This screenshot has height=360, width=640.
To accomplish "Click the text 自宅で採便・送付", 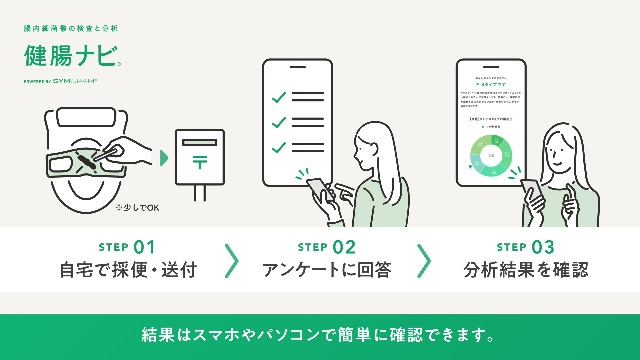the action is [x=128, y=270].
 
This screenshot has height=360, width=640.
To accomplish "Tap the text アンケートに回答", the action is [x=327, y=270].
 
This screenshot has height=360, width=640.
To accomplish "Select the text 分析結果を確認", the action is [x=525, y=270].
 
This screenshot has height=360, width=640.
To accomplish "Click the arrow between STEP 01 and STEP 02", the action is [x=231, y=259].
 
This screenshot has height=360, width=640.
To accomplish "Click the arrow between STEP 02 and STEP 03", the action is [x=424, y=259].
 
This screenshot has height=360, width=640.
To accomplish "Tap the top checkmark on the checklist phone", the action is [x=279, y=98].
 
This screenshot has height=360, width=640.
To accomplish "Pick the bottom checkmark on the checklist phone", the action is [x=279, y=147].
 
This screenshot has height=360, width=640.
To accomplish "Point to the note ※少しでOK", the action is [x=137, y=208].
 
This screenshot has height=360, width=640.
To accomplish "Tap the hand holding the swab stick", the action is [x=140, y=154].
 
